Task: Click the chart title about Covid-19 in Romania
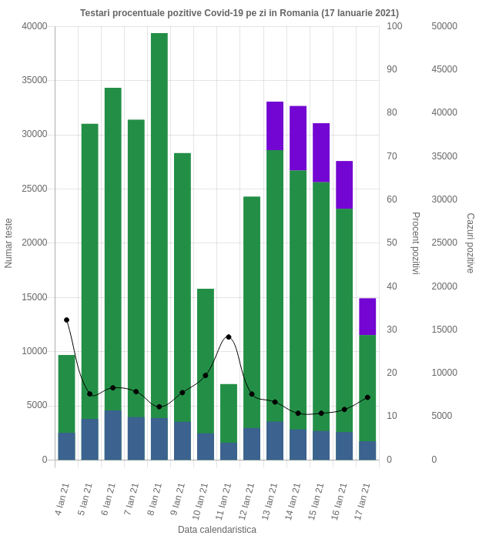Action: point(239,14)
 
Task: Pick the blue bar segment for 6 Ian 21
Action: point(113,435)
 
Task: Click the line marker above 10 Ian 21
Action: point(206,376)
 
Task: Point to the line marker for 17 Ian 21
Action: point(367,397)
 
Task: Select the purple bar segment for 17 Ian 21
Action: point(367,316)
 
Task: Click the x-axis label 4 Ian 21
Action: point(63,500)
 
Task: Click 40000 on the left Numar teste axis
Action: point(34,26)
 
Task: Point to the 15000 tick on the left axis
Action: point(34,297)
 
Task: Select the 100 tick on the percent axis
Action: point(394,26)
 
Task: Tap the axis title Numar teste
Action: point(9,243)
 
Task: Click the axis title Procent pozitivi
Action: point(415,243)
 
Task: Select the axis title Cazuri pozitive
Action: point(469,243)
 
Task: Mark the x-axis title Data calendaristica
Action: point(216,530)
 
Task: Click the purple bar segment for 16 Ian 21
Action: point(344,185)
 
